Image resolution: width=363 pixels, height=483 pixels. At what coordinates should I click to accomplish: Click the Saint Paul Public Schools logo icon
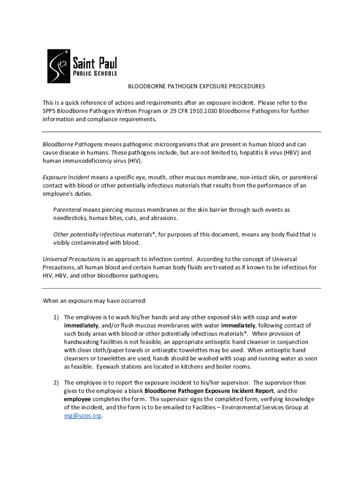(x=59, y=66)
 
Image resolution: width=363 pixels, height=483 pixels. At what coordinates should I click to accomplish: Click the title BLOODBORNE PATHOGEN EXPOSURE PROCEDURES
(x=197, y=87)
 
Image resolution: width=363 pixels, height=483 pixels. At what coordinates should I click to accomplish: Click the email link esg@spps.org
(x=82, y=416)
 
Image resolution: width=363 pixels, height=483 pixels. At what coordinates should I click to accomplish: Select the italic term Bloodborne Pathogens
(x=73, y=144)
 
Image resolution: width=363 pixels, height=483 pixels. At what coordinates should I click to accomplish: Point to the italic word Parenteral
(x=67, y=210)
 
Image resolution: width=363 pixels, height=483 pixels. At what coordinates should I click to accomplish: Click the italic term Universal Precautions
(x=71, y=259)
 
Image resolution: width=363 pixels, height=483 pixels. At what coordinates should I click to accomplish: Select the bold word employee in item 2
(x=79, y=399)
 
